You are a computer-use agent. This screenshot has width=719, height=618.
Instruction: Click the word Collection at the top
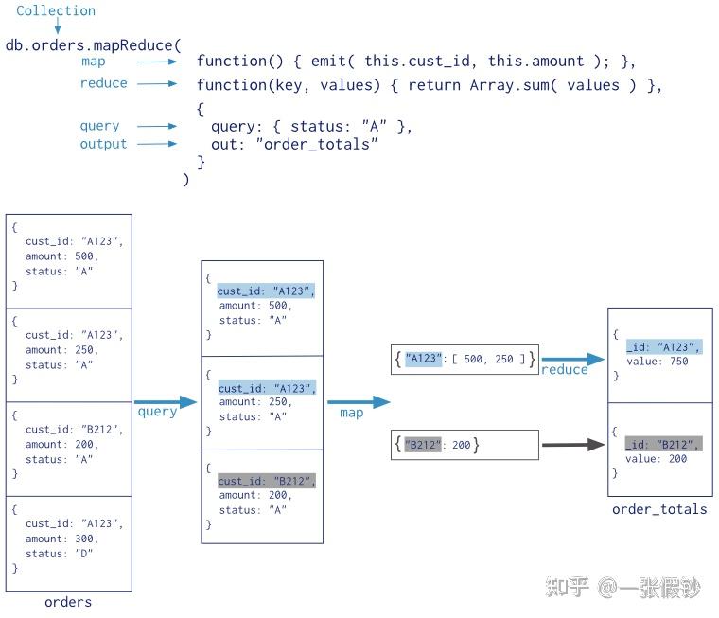56,11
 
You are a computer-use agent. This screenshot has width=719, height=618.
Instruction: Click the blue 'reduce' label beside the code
103,83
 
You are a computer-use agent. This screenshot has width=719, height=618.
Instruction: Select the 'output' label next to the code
103,144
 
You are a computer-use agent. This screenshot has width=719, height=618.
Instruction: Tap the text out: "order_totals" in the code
294,144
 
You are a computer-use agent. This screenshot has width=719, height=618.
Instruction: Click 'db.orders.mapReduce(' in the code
93,44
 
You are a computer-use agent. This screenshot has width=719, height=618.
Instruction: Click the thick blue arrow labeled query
165,402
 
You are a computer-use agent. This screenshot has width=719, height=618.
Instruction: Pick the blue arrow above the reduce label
572,360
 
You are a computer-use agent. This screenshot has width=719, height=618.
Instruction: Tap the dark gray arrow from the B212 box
572,444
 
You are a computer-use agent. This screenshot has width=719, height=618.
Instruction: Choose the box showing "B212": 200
465,444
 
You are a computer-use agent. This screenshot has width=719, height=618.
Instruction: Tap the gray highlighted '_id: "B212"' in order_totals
663,444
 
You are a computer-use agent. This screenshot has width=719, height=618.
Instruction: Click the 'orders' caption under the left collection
68,602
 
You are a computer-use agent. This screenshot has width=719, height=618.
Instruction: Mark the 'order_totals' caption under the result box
659,509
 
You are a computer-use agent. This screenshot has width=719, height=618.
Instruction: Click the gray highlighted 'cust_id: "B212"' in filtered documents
266,480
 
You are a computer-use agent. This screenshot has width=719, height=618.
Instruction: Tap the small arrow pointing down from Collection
57,26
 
